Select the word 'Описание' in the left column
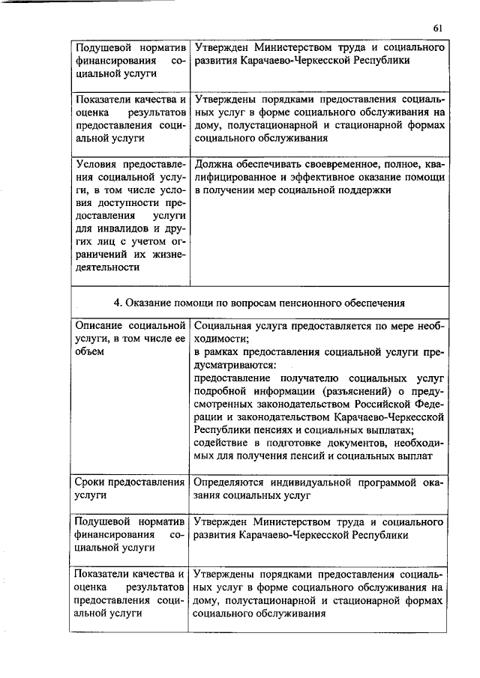point(98,326)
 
